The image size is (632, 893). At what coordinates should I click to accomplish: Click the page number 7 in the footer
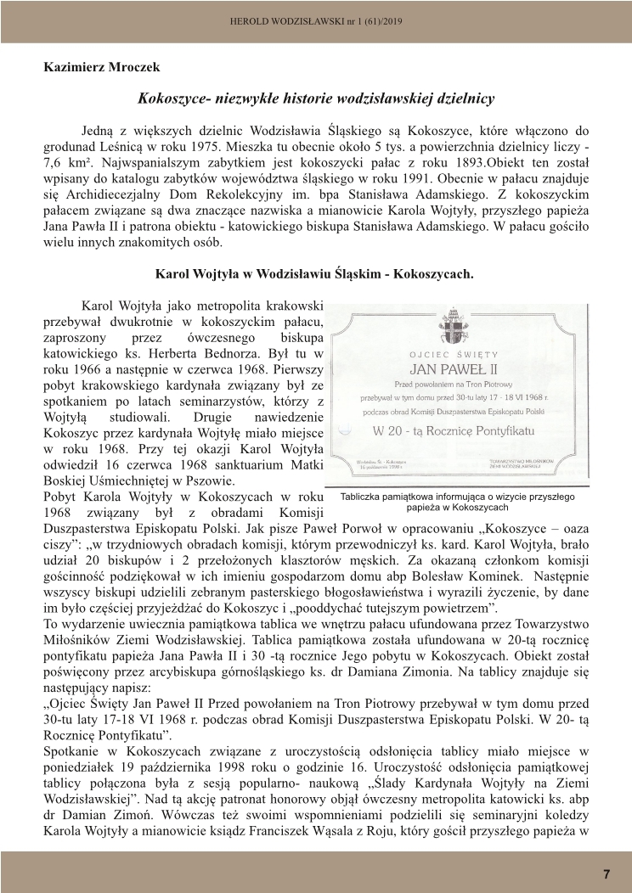pos(607,873)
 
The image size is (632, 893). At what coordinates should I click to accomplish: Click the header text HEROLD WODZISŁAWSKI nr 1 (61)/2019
pos(316,20)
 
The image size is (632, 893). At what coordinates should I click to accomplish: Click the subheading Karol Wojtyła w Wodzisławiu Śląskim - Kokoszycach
pos(314,274)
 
